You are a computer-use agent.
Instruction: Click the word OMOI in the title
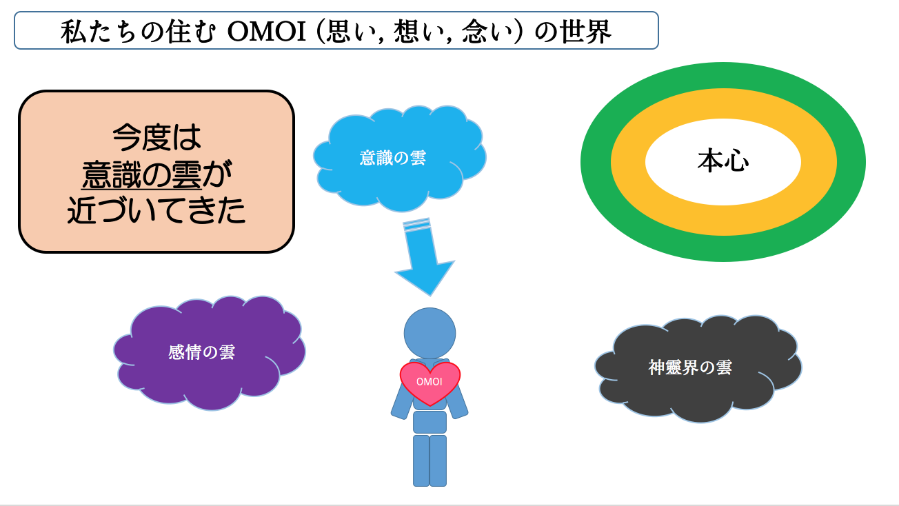coord(267,31)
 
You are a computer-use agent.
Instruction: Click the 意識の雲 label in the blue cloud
coord(392,158)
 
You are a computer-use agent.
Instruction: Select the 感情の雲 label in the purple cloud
coord(201,352)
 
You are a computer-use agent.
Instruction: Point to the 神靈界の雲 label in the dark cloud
coord(690,367)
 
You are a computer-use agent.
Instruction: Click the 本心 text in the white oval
coord(723,161)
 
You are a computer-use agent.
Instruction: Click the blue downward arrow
coord(425,257)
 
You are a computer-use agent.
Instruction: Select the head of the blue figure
coord(430,333)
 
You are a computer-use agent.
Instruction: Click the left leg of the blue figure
coord(421,461)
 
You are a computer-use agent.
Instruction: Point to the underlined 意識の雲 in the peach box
coord(141,174)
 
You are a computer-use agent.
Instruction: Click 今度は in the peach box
coord(156,137)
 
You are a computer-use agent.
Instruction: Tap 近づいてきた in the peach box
coord(156,210)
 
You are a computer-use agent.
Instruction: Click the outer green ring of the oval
coord(595,162)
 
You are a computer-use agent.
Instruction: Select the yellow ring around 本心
coord(627,162)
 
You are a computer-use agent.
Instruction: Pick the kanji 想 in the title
coord(407,31)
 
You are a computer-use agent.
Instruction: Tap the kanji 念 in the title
coord(474,31)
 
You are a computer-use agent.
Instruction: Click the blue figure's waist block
coord(430,422)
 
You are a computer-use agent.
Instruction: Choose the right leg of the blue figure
coord(438,461)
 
